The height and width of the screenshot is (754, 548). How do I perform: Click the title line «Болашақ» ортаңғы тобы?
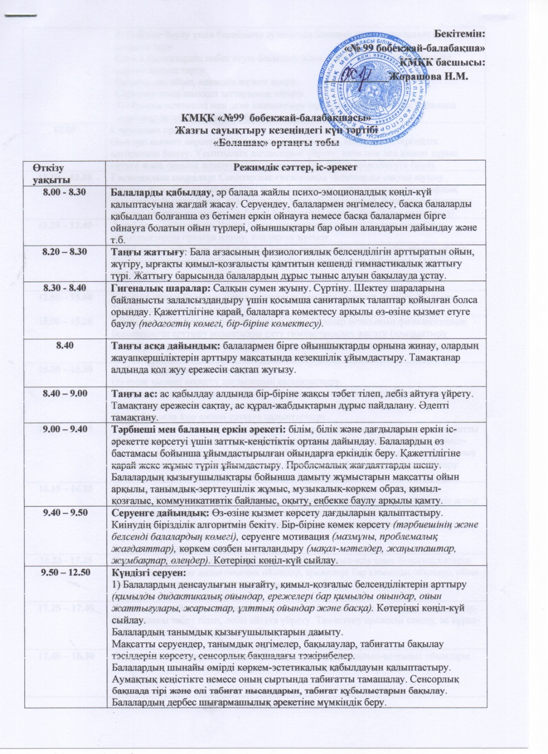(x=276, y=141)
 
